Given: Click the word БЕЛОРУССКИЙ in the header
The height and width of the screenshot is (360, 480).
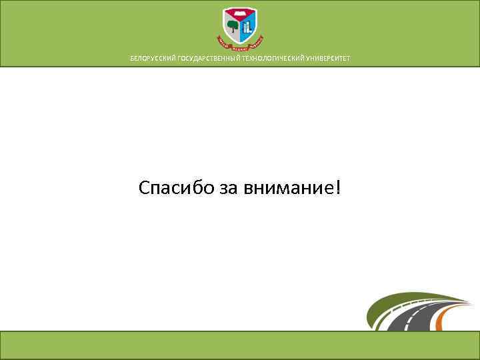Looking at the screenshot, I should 153,59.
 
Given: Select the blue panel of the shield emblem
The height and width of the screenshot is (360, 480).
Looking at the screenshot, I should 247,27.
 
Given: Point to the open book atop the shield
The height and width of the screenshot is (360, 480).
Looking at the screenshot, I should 239,13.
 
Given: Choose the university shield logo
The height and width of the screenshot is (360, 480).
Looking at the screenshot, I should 239,29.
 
